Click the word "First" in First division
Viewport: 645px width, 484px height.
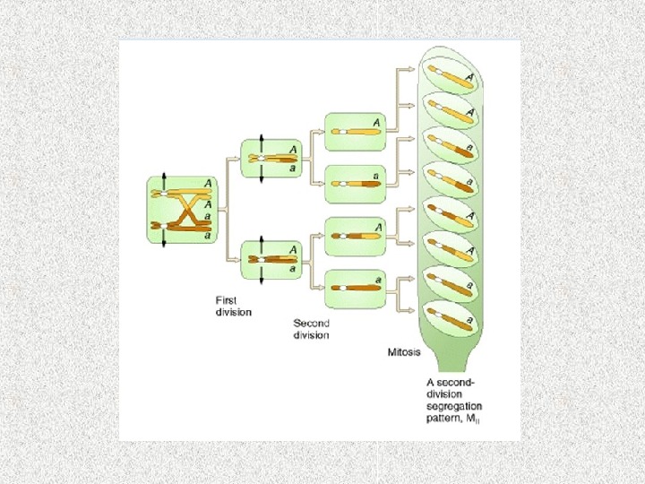tap(227, 299)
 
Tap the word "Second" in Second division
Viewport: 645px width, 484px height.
tap(312, 323)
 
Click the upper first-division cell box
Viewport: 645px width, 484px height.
tap(271, 159)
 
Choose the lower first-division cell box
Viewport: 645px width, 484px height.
tap(271, 258)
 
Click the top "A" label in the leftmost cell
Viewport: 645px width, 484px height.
tap(208, 184)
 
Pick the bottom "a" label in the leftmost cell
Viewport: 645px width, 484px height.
tap(208, 237)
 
